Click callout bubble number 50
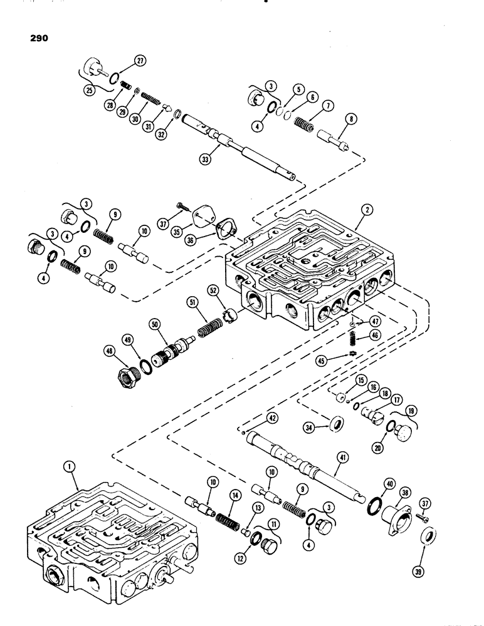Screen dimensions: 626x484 [153, 324]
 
